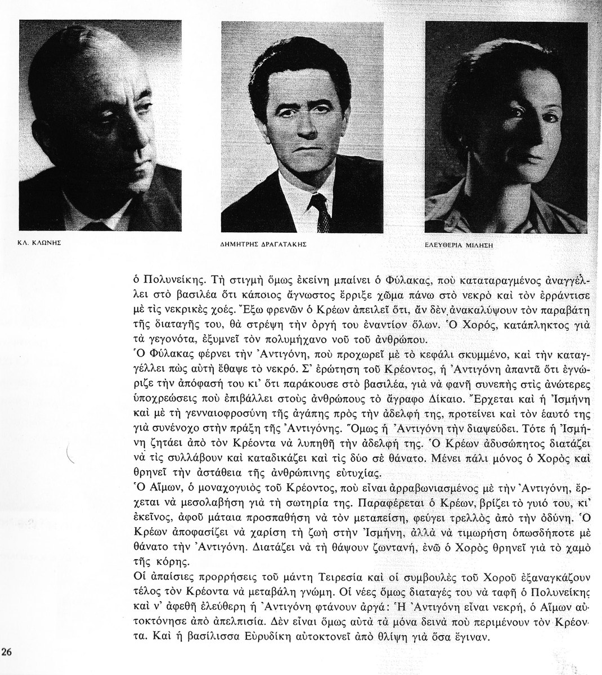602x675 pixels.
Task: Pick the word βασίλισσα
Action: pos(197,638)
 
